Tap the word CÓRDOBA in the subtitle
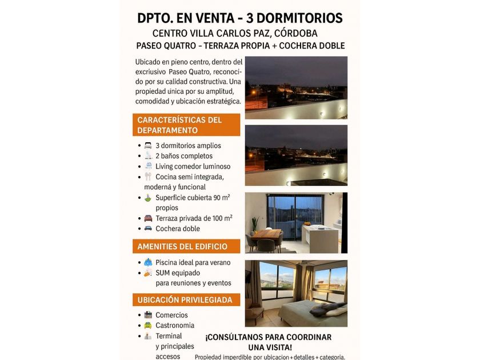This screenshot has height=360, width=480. point(296,33)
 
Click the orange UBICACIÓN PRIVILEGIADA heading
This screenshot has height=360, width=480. point(185,300)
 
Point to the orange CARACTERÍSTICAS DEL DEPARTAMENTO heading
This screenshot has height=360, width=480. point(187,125)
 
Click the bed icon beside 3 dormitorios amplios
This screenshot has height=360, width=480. point(148,146)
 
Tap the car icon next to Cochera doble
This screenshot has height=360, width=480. point(148,229)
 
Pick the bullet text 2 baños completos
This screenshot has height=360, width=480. point(183,156)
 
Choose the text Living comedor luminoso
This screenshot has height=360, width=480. point(193,166)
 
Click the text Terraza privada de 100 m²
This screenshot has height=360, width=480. point(194,218)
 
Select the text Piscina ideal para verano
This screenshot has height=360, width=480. point(193,263)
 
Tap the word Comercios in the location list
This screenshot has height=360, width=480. point(171,315)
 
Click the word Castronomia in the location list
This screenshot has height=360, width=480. point(175,325)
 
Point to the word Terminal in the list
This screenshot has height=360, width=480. point(169,336)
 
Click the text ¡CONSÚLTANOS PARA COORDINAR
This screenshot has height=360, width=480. point(269,337)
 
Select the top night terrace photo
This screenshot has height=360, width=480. point(295,87)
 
